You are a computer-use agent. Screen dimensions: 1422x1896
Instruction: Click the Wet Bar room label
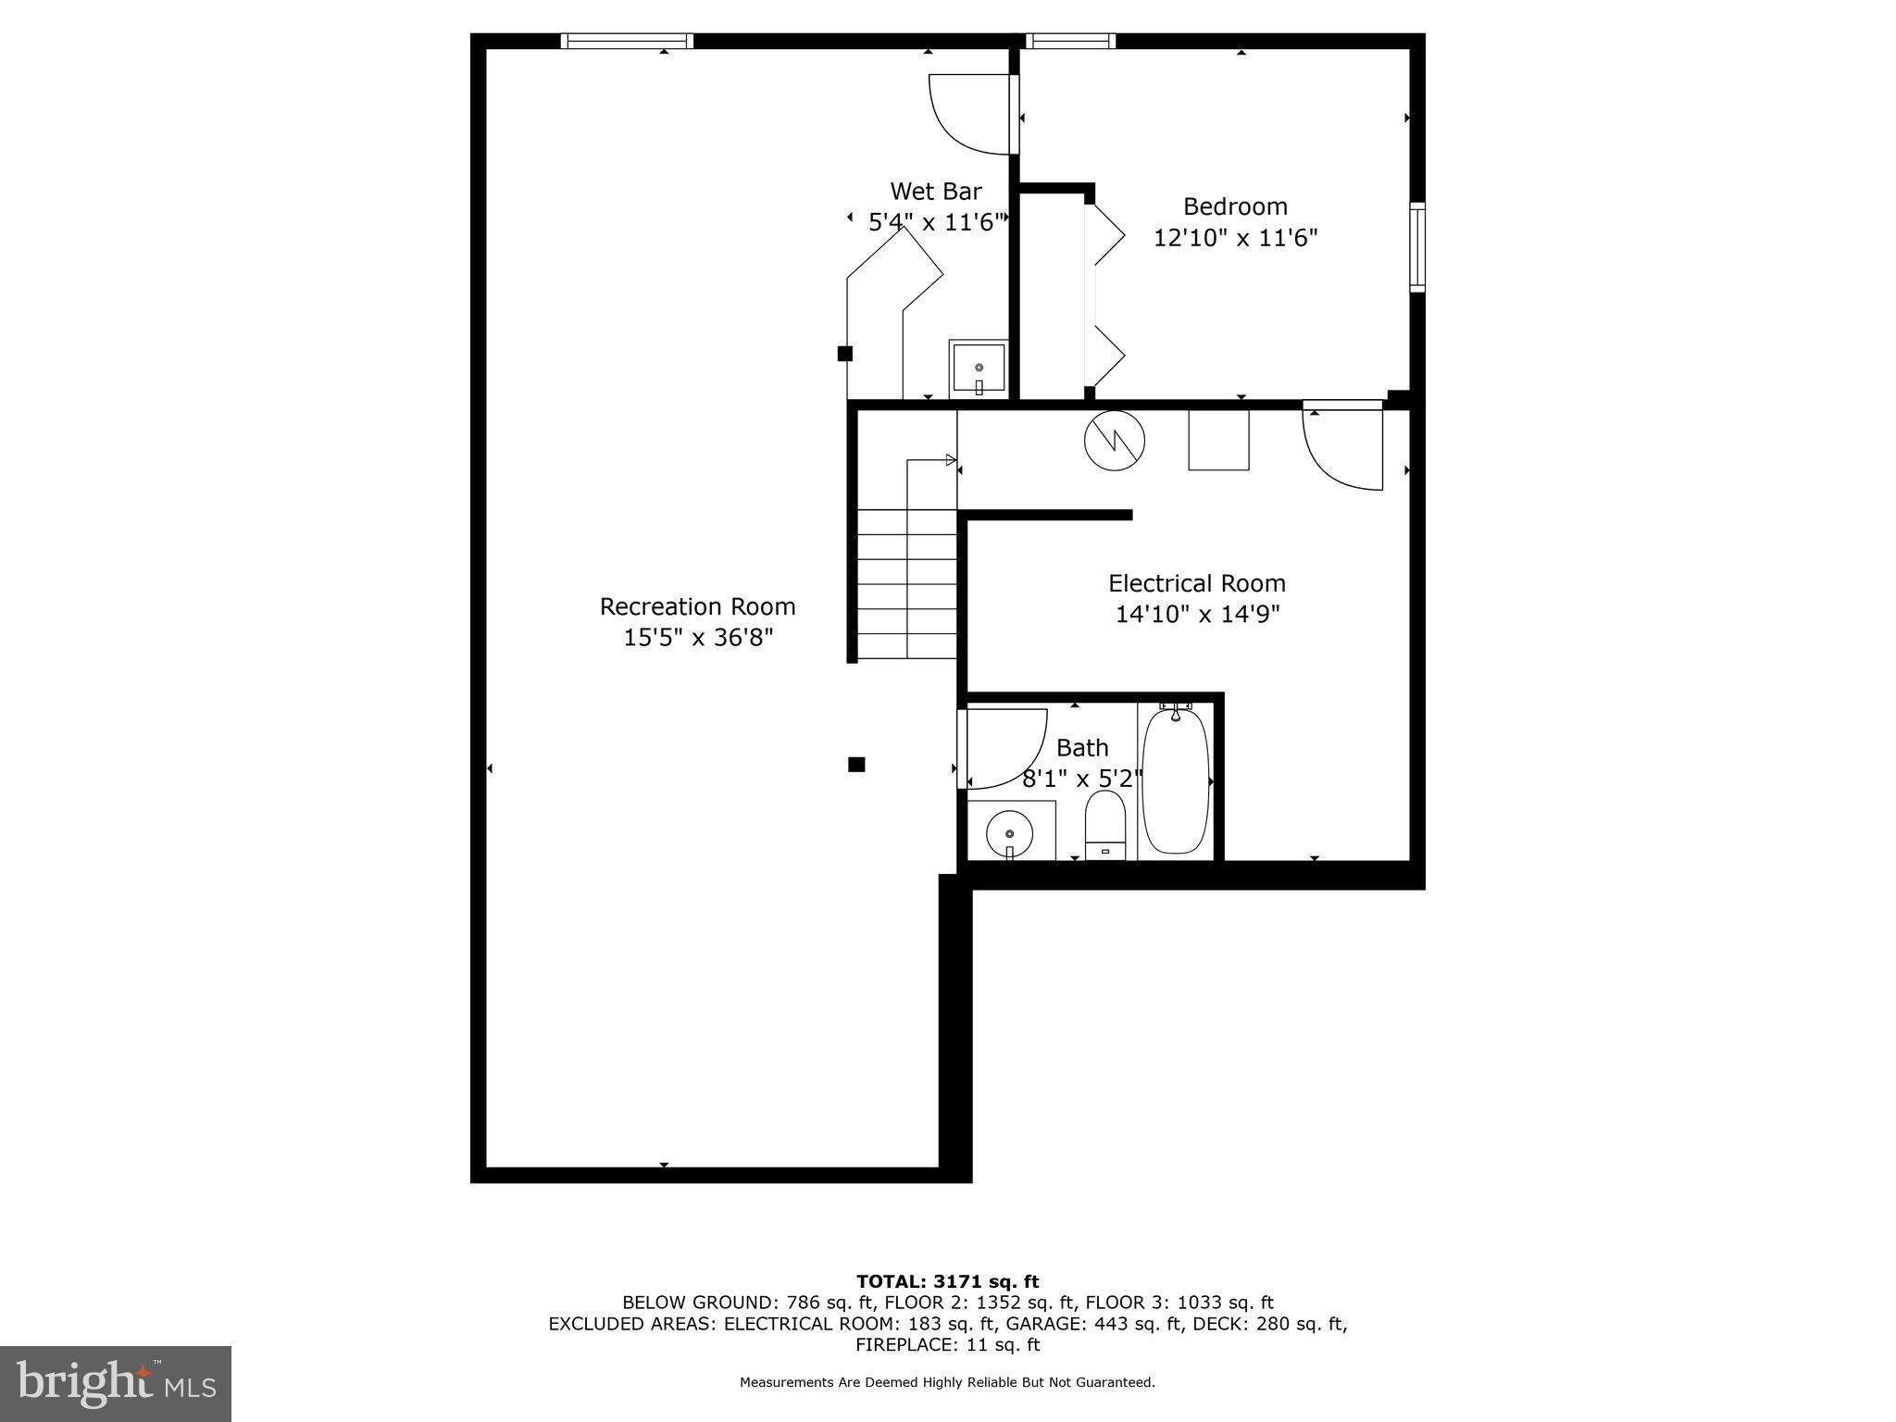click(935, 192)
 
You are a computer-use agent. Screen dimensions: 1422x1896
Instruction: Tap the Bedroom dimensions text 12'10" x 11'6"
click(1235, 238)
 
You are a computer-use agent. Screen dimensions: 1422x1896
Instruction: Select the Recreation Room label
click(697, 606)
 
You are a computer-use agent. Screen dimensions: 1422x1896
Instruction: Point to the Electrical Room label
click(1197, 583)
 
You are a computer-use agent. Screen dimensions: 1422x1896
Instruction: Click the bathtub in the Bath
click(1176, 780)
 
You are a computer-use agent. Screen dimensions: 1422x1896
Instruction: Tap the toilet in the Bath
click(1104, 823)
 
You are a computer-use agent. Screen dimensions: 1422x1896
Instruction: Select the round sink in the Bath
click(1009, 833)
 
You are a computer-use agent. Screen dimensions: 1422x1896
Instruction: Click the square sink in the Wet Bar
click(979, 368)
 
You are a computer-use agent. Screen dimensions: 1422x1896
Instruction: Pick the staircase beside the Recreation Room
click(907, 583)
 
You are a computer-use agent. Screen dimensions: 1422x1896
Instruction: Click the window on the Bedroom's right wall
click(1417, 246)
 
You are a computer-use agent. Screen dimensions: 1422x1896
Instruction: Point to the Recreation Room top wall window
click(627, 41)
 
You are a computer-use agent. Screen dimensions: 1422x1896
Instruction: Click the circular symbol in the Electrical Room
click(1115, 441)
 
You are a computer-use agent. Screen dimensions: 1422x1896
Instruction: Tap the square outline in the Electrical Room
click(1218, 440)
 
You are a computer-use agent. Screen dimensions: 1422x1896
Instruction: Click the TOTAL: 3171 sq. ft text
click(947, 1281)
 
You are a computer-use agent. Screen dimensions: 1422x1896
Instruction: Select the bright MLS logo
click(115, 1383)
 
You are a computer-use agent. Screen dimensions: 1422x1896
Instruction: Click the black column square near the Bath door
click(856, 764)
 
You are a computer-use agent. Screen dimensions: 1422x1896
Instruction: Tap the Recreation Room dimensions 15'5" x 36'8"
click(697, 638)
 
